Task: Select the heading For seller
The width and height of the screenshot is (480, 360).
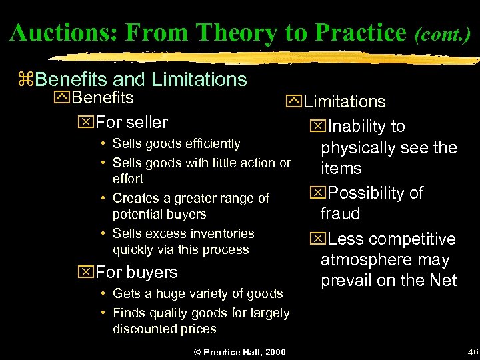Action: point(131,122)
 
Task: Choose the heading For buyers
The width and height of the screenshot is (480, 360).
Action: point(136,272)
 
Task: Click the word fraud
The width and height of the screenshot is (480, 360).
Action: point(340,214)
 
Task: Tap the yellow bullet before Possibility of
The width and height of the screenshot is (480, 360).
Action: point(313,193)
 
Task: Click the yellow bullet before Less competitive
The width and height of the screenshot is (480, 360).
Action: point(313,239)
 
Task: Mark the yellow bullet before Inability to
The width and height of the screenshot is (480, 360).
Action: point(313,127)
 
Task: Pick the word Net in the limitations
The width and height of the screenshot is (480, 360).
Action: point(442,281)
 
